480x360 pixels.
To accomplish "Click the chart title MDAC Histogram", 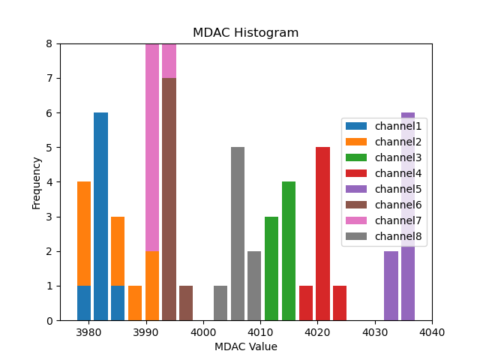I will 245,33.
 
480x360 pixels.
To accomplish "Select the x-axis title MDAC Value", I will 245,346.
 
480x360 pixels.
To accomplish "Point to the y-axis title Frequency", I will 37,182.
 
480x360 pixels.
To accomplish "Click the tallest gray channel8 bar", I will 238,233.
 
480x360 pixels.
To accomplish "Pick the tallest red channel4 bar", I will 322,233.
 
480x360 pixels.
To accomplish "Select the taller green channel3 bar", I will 289,250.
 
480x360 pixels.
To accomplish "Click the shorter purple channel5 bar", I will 391,286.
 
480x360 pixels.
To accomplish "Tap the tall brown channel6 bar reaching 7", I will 169,199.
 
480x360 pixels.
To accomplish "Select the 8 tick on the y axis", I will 49,43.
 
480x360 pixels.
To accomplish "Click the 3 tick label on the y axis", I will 49,217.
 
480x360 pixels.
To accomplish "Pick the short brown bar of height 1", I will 186,303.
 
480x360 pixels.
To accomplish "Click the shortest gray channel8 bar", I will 220,303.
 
